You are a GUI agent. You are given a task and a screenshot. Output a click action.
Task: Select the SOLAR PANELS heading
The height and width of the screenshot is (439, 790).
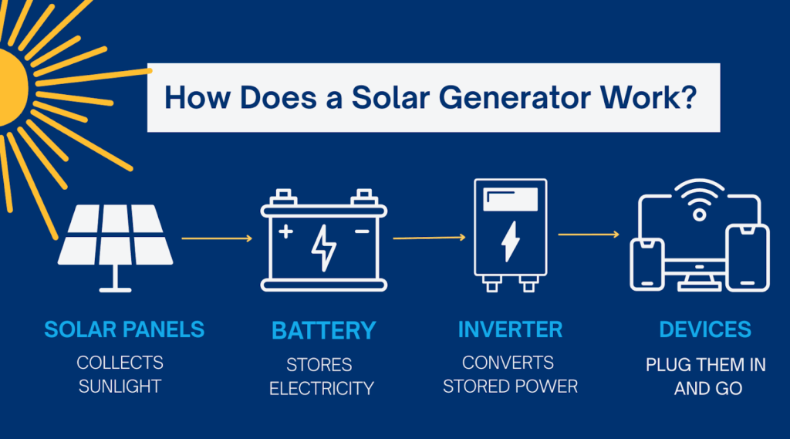click(124, 330)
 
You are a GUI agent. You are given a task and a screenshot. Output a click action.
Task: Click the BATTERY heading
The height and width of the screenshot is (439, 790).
click(323, 331)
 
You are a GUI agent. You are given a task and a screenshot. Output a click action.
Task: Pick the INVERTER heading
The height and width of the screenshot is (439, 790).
click(510, 330)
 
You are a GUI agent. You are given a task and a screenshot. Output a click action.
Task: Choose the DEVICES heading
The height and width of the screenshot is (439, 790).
click(704, 330)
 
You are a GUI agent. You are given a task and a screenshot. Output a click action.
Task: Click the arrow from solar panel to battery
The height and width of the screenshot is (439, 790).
click(217, 238)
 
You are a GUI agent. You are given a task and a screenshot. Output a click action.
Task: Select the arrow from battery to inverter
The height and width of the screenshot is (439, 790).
click(428, 238)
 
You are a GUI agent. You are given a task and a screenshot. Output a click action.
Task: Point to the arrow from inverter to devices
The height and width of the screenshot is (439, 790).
click(589, 234)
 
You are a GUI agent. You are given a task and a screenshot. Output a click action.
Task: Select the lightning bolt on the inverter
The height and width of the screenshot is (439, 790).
click(510, 242)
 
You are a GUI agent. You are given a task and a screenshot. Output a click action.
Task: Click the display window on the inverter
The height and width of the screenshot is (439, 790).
click(510, 201)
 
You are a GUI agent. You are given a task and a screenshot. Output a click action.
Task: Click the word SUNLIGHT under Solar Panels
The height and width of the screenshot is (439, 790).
click(120, 386)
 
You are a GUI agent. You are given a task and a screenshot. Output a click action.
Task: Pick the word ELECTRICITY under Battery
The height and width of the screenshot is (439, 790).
click(321, 388)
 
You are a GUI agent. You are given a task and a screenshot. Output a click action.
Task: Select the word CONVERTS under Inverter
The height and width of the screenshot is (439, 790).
click(508, 362)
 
